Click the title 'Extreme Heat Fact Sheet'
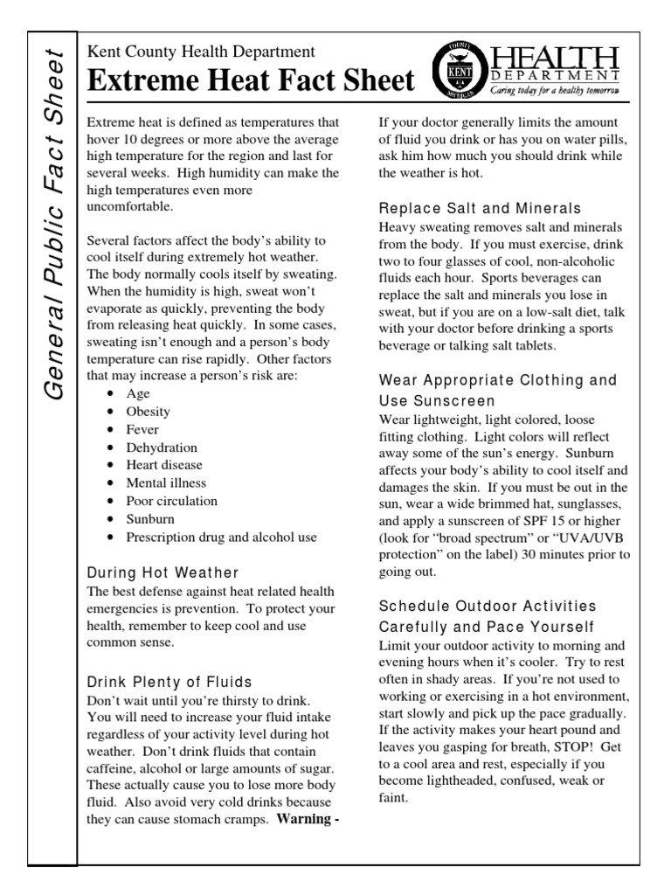click(251, 81)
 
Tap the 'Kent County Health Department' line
click(201, 52)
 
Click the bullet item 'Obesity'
click(149, 411)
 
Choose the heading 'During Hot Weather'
click(163, 573)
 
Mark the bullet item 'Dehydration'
click(162, 447)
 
